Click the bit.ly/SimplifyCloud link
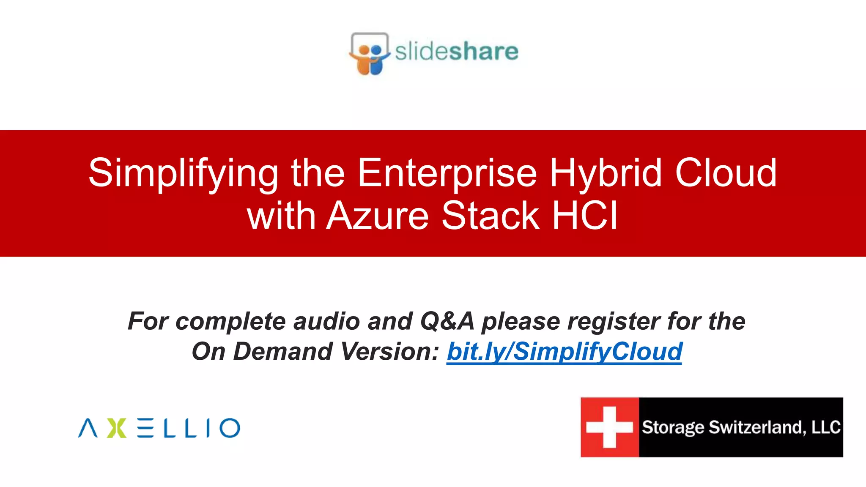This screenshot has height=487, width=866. coord(564,352)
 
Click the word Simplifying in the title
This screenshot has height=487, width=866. coord(183,173)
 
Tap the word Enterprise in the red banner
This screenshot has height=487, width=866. coord(447,173)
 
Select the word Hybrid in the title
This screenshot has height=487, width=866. coord(606,173)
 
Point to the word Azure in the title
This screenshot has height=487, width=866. coord(378,216)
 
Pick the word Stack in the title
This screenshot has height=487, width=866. coord(491,216)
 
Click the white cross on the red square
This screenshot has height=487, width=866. coord(609,427)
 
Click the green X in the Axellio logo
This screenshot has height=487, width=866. coord(116,428)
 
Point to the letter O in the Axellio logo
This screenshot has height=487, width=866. coord(230,428)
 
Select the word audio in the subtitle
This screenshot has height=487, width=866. coord(326,321)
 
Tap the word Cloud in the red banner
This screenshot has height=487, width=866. coord(726,173)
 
